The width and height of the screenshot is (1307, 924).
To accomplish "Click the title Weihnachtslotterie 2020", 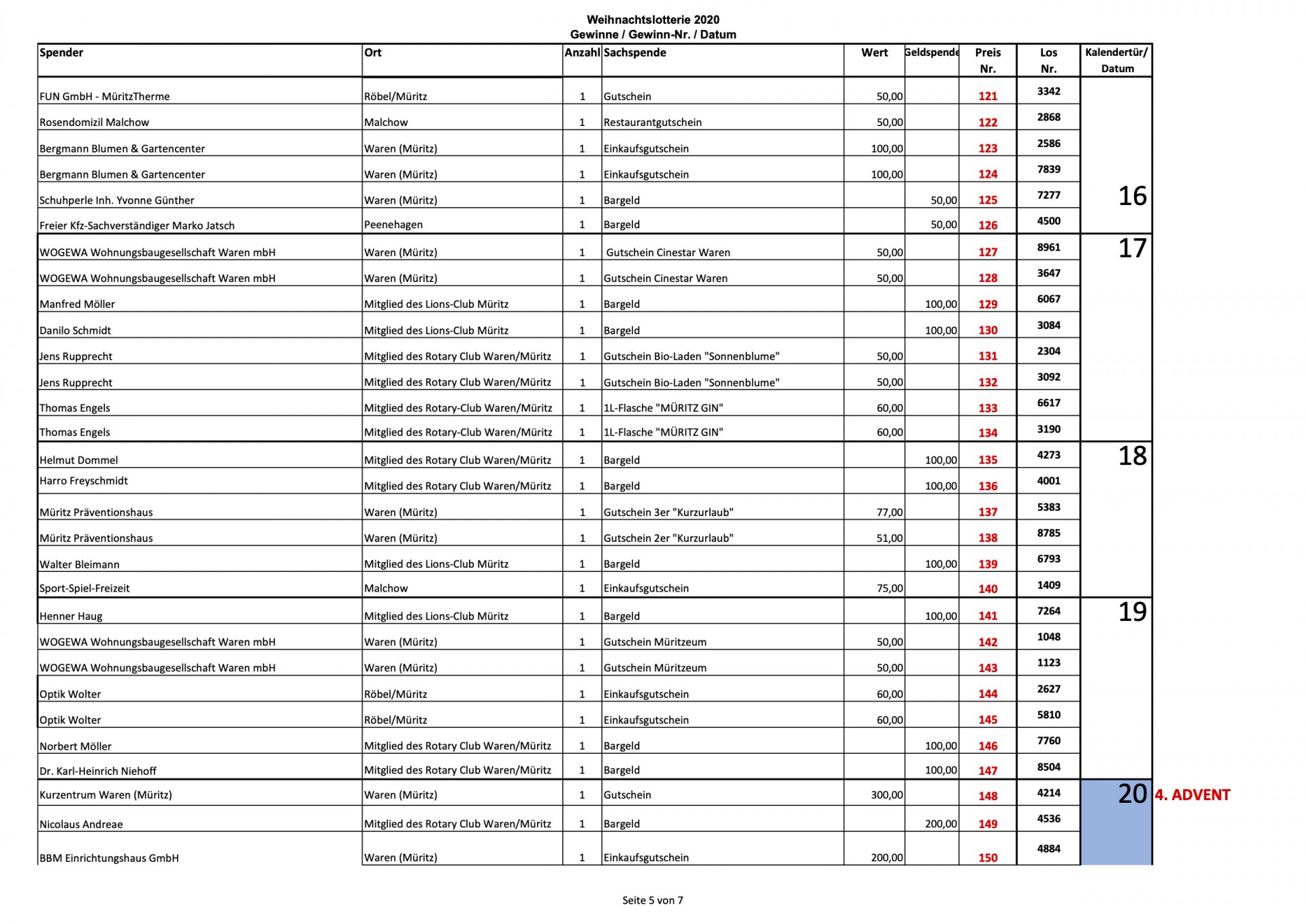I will tap(653, 20).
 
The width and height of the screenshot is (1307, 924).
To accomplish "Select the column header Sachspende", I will tap(634, 53).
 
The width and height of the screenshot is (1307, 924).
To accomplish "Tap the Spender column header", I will tap(61, 53).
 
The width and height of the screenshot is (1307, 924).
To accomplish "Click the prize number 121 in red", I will tap(987, 97).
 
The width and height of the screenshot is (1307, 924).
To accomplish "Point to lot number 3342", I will tap(1048, 91).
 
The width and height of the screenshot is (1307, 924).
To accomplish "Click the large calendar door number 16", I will tap(1132, 196).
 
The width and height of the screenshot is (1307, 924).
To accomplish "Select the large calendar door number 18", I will tap(1132, 456).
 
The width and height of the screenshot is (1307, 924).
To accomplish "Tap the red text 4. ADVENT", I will tap(1192, 795).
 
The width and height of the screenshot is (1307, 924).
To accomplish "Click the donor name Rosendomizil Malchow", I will tap(94, 123).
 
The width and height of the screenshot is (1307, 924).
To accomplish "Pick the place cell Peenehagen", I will tap(393, 225).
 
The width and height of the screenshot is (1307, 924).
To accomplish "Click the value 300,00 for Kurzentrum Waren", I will tap(887, 795).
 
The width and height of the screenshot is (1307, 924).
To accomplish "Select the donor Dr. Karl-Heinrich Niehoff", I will tap(98, 771).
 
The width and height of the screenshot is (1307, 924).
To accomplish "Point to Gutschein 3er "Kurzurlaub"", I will tap(668, 513).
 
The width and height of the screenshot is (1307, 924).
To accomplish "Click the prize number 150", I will tap(987, 859).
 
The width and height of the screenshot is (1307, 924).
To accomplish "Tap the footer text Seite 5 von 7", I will tap(652, 901).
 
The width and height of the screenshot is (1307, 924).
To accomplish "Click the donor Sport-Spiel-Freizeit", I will tap(84, 588).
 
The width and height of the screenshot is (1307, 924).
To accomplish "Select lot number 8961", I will tap(1048, 247).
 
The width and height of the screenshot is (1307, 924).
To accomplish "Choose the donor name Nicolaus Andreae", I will tap(81, 825).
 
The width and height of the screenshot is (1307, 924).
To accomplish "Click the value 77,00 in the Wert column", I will tap(890, 513).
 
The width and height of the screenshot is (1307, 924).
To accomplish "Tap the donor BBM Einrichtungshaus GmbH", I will tap(109, 859).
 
